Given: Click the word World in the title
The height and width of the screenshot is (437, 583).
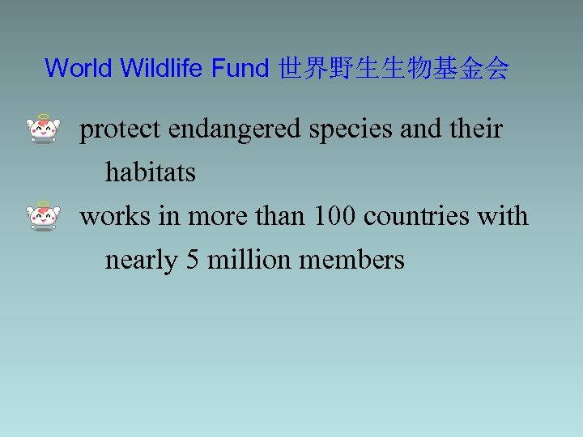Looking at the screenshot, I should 79,69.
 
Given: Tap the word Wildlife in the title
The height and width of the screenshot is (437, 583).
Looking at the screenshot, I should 162,69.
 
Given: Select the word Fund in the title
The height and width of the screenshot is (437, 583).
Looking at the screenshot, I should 240,69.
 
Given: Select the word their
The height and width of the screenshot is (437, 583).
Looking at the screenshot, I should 479,128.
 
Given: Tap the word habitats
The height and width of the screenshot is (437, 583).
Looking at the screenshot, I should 151,172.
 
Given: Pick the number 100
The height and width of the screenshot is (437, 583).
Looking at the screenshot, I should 335,216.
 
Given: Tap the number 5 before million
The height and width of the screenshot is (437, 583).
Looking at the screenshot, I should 194,260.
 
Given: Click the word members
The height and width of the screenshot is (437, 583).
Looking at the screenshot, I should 352,260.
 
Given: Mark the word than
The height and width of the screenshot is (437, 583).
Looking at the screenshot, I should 280,216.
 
